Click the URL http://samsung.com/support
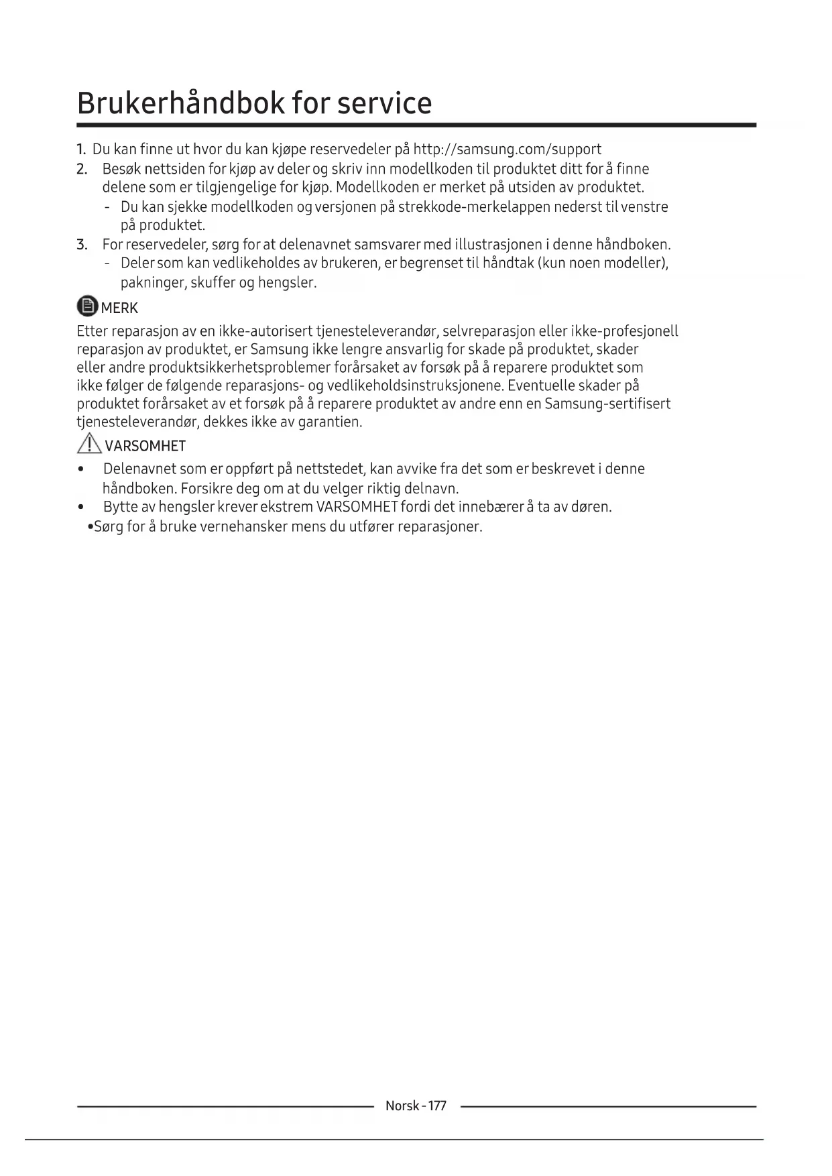pos(507,149)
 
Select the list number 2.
pos(82,168)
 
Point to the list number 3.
pos(82,244)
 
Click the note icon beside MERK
pos(87,306)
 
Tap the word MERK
pos(119,308)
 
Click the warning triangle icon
pos(88,444)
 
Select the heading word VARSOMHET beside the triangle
pos(145,446)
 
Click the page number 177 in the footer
pos(436,1106)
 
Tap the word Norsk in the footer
pos(402,1106)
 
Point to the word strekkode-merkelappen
pos(474,207)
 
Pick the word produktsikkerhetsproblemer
pos(239,367)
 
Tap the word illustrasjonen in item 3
pos(497,244)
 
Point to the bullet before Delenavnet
pos(82,469)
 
